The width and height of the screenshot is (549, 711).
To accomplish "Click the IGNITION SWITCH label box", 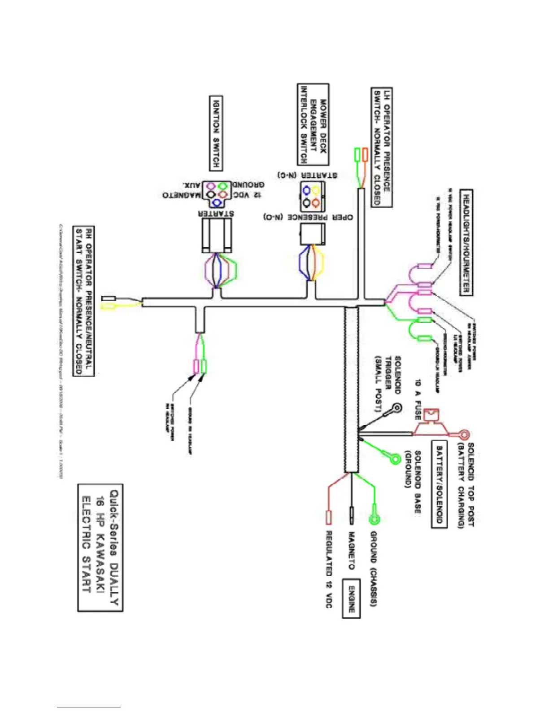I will pos(216,133).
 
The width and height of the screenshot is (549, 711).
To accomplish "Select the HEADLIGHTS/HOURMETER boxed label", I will pos(466,243).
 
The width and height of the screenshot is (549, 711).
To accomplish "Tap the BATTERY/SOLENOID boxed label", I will pos(440,484).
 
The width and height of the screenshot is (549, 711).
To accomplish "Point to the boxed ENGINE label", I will pos(352,599).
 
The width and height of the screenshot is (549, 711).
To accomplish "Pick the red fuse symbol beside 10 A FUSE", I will pos(431,416).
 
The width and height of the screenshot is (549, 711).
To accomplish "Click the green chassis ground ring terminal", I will pos(374,520).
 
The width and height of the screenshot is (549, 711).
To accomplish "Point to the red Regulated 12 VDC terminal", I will pos(328,517).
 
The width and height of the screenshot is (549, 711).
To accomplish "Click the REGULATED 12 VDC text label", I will pos(329,569).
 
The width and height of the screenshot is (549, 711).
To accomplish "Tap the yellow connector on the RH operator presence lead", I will pos(109,306).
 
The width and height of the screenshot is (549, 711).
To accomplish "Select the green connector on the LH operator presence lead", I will pos(357,154).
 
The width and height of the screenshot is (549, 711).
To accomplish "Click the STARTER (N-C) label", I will pos(308,175).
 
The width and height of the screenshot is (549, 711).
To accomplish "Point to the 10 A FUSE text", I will pos(418,399).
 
